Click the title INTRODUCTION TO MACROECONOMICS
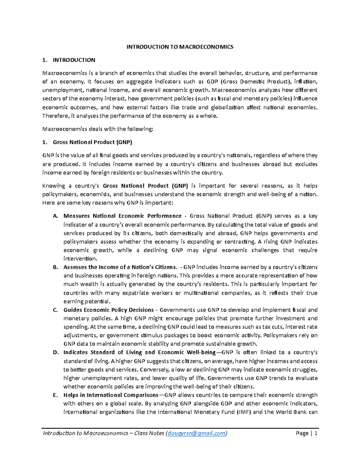tap(180, 47)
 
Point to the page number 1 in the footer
tap(316, 433)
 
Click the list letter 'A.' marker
tap(55, 216)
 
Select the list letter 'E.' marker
tap(55, 395)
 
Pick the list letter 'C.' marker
tap(55, 310)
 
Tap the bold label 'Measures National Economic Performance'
tap(122, 216)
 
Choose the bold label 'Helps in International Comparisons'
tap(111, 395)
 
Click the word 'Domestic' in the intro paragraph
tap(251, 82)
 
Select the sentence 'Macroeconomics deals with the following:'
tap(98, 129)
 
